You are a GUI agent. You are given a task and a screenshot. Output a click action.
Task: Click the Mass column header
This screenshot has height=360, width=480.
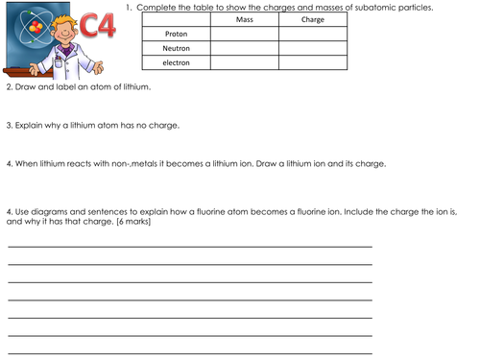[x=244, y=20]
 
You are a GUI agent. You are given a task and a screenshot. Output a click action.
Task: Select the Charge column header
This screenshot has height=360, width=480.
[x=313, y=20]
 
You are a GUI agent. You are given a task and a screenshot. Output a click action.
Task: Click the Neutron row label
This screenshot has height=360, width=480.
[x=176, y=48]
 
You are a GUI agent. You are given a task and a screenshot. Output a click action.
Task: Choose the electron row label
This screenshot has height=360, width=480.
[x=176, y=62]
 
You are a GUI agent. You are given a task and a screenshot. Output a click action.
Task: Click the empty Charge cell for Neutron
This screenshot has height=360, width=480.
[x=313, y=48]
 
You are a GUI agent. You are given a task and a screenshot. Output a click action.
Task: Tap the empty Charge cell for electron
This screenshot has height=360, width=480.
[x=313, y=62]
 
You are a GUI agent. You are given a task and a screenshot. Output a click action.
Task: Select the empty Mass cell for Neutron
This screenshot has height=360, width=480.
[x=244, y=48]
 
